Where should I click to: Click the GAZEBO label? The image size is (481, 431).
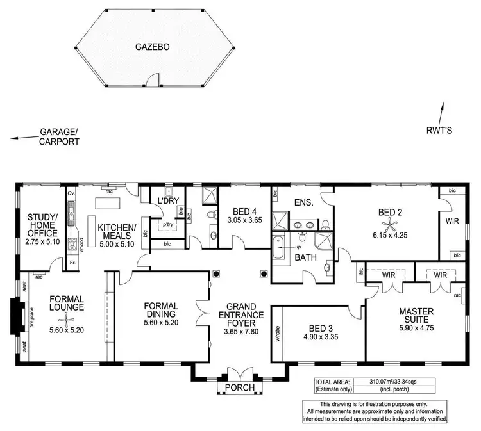click(x=152, y=47)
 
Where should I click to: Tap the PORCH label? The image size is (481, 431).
click(x=236, y=388)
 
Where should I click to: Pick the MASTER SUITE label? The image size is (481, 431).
click(x=417, y=315)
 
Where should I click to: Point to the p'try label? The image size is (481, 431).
click(x=169, y=225)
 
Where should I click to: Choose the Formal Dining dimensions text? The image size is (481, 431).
click(x=162, y=323)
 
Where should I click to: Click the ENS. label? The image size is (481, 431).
click(x=303, y=202)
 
